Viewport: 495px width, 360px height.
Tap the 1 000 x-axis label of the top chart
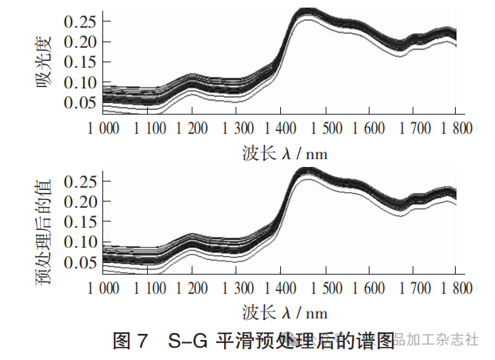(x=103, y=128)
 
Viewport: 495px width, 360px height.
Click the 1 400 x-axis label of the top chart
(x=281, y=128)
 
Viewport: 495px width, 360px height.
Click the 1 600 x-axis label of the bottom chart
(x=369, y=289)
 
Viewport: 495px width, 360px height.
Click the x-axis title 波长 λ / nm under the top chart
(x=283, y=154)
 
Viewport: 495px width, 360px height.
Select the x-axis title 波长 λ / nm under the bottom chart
(x=283, y=313)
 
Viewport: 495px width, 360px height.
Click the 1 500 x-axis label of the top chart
(x=325, y=128)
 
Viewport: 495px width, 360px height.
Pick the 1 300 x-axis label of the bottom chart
(x=236, y=289)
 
